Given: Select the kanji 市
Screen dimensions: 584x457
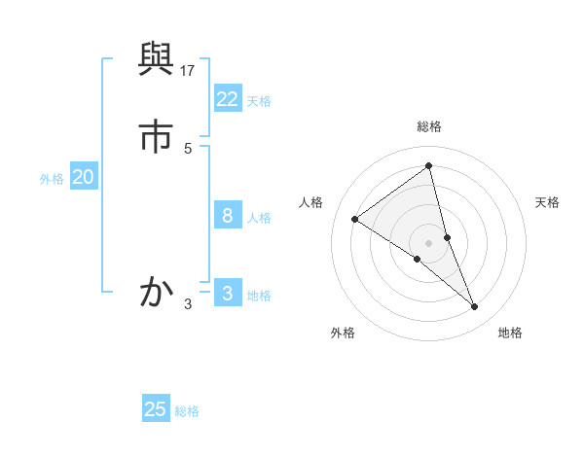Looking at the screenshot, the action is [157, 137].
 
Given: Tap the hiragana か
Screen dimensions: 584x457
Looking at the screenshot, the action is [157, 291].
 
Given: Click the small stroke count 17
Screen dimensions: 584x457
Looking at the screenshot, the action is [189, 70].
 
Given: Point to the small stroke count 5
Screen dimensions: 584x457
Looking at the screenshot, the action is [188, 148].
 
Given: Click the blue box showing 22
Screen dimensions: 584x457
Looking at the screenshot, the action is [228, 99].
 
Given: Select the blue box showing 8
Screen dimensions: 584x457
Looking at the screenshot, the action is [228, 216].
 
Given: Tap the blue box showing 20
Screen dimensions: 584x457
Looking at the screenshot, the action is [83, 177].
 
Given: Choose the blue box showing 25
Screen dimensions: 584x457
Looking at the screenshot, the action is [156, 409].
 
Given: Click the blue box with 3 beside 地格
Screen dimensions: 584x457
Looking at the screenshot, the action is [228, 294].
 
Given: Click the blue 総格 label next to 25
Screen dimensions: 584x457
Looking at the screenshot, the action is [187, 411].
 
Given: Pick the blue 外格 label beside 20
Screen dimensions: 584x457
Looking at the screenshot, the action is [52, 179].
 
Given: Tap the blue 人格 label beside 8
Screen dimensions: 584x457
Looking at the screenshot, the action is [259, 218].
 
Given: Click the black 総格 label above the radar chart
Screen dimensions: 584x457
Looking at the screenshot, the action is [429, 126].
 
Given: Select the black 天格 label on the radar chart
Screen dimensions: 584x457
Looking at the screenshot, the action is [548, 202].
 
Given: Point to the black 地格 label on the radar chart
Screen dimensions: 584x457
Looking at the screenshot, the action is [510, 333].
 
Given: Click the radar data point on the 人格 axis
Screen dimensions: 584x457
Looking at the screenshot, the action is [355, 219].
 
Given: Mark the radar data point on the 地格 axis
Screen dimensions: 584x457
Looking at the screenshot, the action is [475, 306].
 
